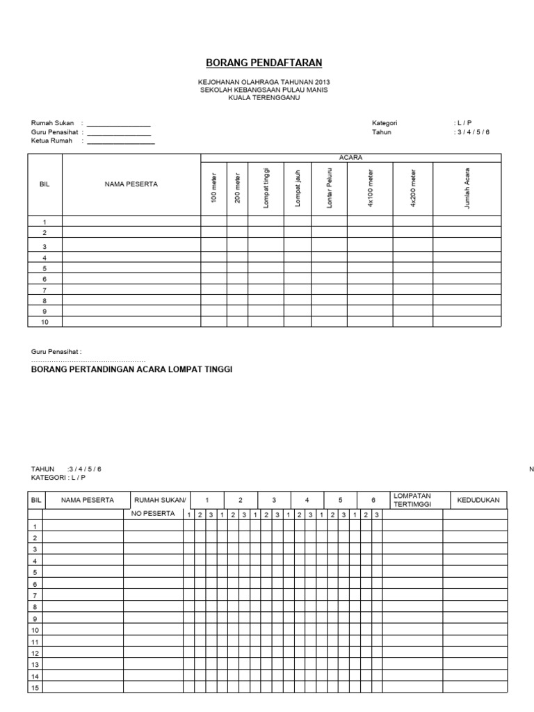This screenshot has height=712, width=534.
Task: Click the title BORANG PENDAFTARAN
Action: (x=264, y=63)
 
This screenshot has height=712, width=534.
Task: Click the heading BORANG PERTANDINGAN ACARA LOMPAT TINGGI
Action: (x=131, y=369)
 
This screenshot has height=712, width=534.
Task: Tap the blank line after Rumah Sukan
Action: (x=118, y=124)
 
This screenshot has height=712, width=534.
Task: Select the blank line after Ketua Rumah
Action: (x=120, y=142)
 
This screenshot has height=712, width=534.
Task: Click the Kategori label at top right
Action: (x=385, y=123)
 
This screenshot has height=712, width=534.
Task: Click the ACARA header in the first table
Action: (x=350, y=158)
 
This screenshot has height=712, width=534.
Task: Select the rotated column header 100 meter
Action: (x=214, y=188)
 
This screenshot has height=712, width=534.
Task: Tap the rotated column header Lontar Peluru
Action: (x=330, y=188)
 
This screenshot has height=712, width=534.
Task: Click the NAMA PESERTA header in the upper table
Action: (x=131, y=184)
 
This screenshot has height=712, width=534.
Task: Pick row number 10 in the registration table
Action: (x=44, y=322)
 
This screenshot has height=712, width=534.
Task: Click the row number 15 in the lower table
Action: (x=35, y=688)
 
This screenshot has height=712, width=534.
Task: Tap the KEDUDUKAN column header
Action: (x=478, y=500)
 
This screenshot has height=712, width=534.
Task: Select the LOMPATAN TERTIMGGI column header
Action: (x=412, y=500)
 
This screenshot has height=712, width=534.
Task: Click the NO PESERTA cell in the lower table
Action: (x=153, y=515)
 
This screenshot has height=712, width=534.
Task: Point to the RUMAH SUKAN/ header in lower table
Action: (x=160, y=500)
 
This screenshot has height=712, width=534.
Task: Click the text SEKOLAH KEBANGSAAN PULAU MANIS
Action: (x=264, y=90)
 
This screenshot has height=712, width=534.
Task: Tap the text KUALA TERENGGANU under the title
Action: (x=264, y=98)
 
